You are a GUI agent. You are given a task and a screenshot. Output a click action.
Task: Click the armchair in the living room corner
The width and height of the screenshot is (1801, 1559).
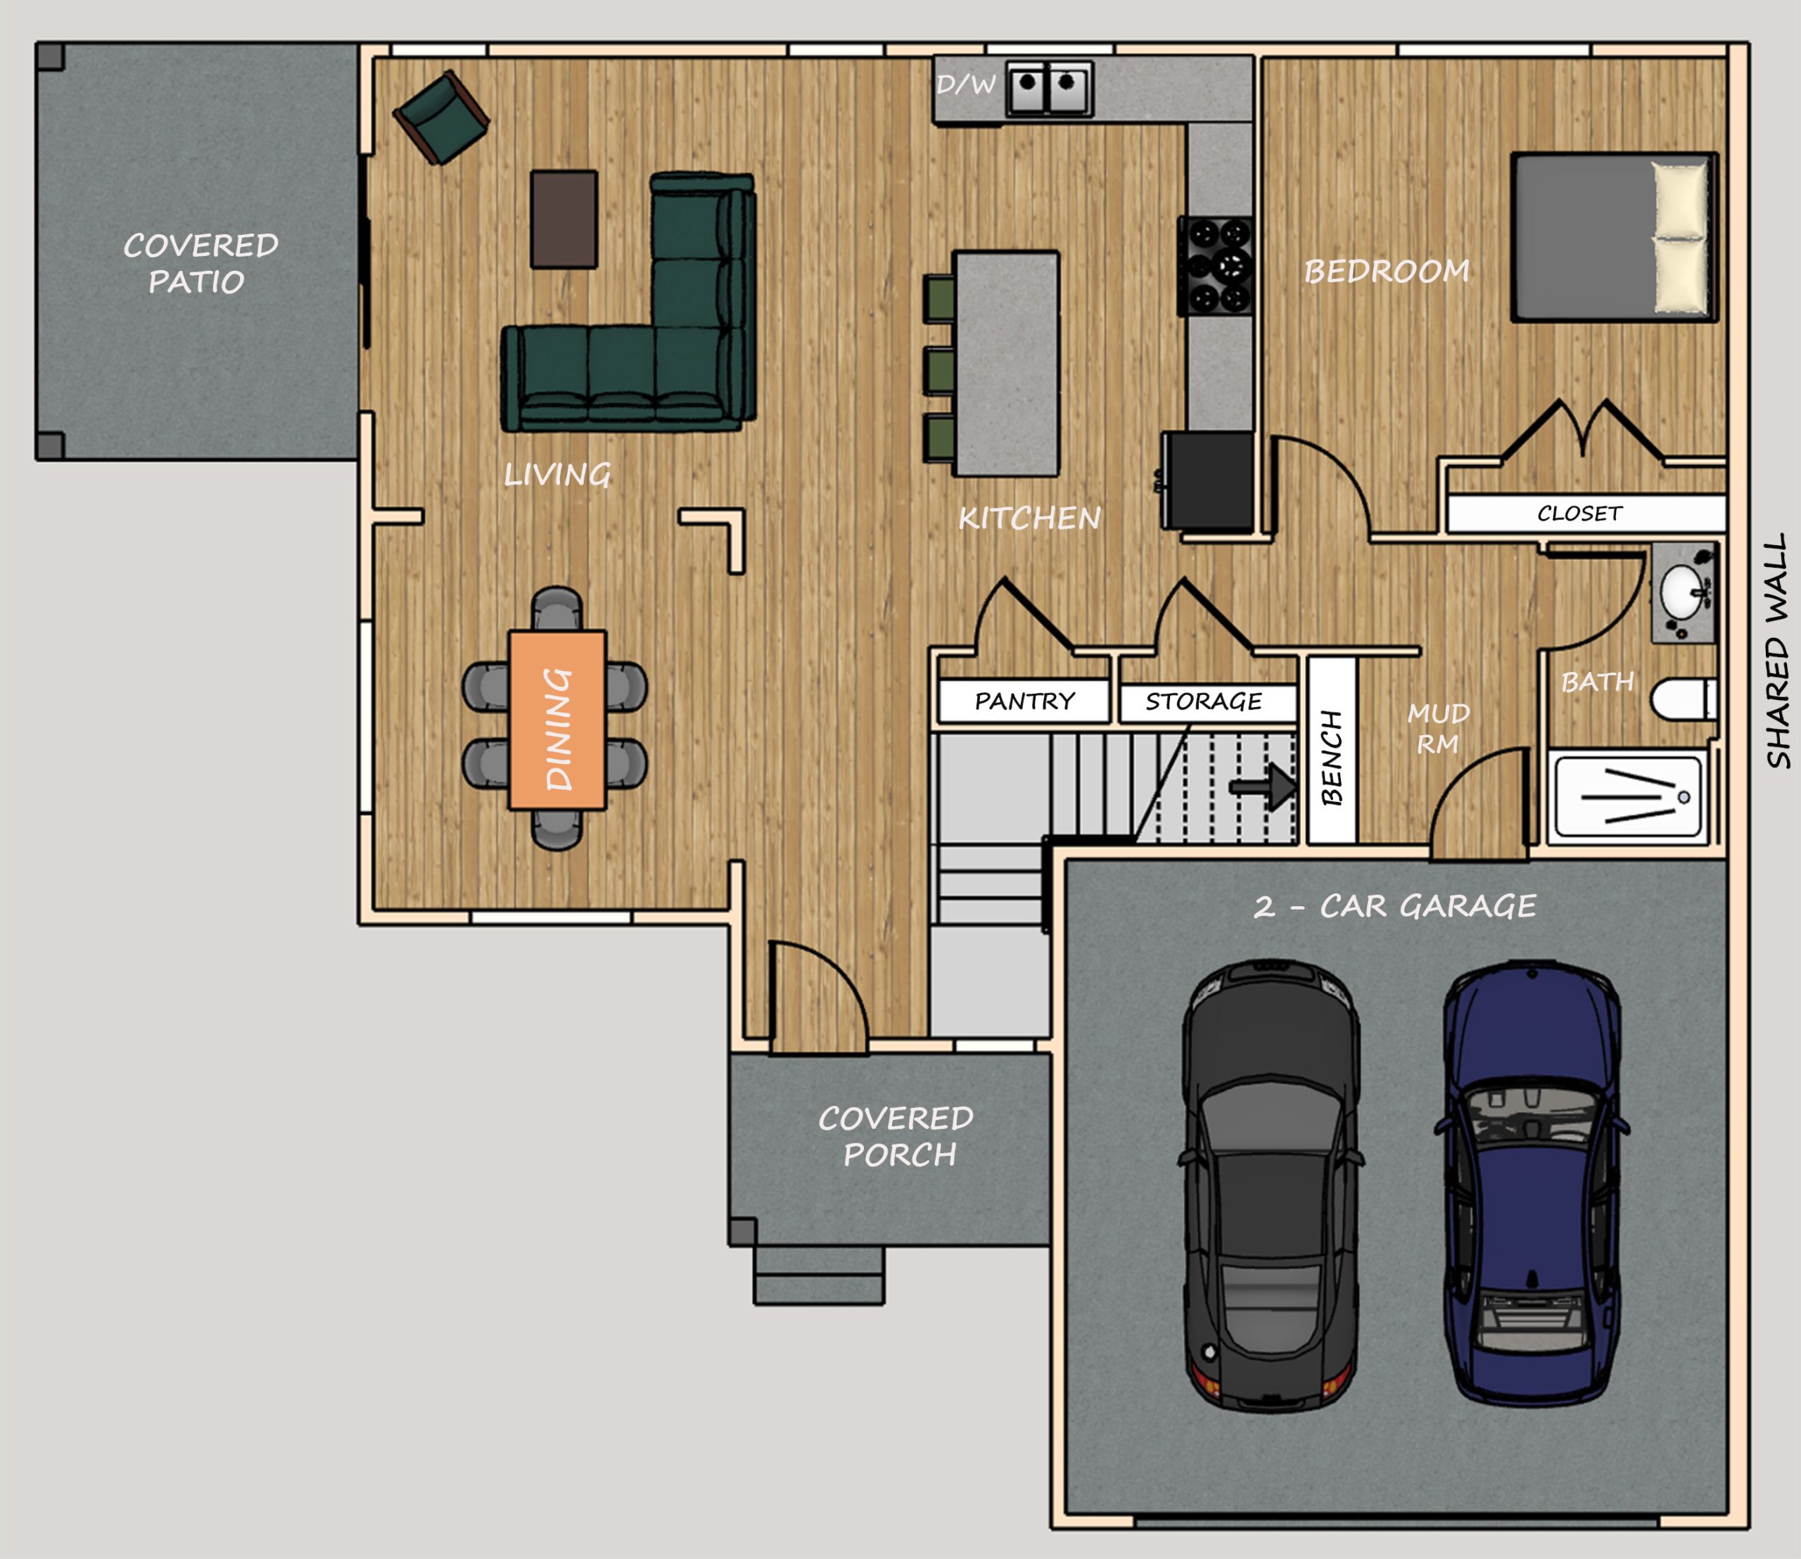click(x=441, y=117)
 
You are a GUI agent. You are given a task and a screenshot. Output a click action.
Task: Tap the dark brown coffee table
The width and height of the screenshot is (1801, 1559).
click(x=564, y=218)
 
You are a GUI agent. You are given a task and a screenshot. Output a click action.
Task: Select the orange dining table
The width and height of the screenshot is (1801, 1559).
click(x=556, y=720)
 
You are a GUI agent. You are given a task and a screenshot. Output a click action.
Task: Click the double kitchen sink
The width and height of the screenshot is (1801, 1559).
click(x=1049, y=87)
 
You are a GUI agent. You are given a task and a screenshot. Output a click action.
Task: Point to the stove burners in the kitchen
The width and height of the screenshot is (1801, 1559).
click(x=1216, y=265)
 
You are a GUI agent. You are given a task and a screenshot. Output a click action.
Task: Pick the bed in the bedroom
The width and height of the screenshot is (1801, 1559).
click(x=1614, y=236)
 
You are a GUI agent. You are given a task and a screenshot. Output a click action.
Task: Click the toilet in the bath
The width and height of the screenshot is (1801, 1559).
click(x=1684, y=699)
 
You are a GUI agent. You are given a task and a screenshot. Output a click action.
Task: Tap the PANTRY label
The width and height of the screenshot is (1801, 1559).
click(x=1024, y=701)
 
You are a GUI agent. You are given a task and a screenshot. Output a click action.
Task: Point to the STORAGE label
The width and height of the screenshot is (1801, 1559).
click(x=1203, y=701)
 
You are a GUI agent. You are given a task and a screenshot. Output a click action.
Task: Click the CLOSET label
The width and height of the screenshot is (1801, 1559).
click(x=1579, y=514)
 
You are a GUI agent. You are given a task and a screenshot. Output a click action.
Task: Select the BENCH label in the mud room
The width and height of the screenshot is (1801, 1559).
click(x=1331, y=758)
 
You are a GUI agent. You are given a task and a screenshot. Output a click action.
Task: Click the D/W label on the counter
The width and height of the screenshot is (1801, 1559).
click(x=966, y=84)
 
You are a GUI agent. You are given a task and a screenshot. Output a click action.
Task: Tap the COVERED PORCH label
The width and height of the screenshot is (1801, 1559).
click(x=896, y=1136)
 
